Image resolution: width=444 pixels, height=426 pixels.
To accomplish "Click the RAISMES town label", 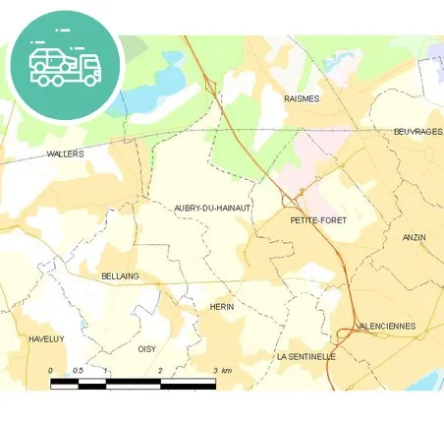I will pyautogui.click(x=301, y=98).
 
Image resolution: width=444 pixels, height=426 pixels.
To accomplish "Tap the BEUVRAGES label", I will pyautogui.click(x=417, y=132).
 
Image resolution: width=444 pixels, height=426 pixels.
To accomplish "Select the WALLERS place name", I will pyautogui.click(x=66, y=154).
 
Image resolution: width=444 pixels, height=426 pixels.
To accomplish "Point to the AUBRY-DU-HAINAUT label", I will pyautogui.click(x=213, y=208).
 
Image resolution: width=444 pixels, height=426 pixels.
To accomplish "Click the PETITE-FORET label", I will pyautogui.click(x=319, y=221).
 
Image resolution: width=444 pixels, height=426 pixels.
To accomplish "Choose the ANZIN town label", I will pyautogui.click(x=415, y=238).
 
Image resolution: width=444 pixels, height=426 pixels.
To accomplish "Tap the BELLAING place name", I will pyautogui.click(x=121, y=277).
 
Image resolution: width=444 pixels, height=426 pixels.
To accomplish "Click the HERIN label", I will pyautogui.click(x=222, y=307).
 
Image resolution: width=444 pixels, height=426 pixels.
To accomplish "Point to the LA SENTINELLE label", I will pyautogui.click(x=306, y=356).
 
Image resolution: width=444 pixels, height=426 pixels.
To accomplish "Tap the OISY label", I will pyautogui.click(x=146, y=349).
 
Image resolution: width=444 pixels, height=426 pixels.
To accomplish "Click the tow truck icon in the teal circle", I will pyautogui.click(x=65, y=64).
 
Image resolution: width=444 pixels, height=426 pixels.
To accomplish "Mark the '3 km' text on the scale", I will pyautogui.click(x=221, y=371).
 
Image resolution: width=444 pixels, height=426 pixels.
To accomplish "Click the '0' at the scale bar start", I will pyautogui.click(x=51, y=371).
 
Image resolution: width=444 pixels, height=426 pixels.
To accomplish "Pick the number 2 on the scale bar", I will pyautogui.click(x=160, y=371).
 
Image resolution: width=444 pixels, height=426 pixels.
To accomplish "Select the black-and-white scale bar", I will pyautogui.click(x=133, y=382).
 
